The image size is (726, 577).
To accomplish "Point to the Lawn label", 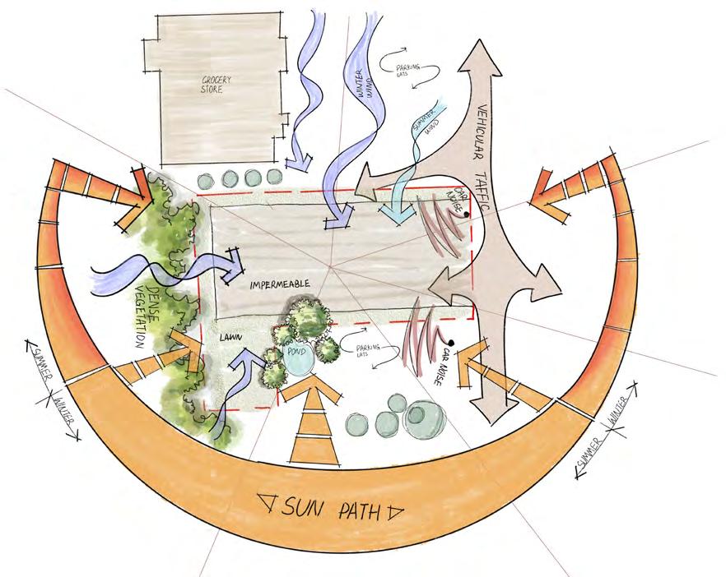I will click(231, 337).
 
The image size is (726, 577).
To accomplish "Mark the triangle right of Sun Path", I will click(396, 514).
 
